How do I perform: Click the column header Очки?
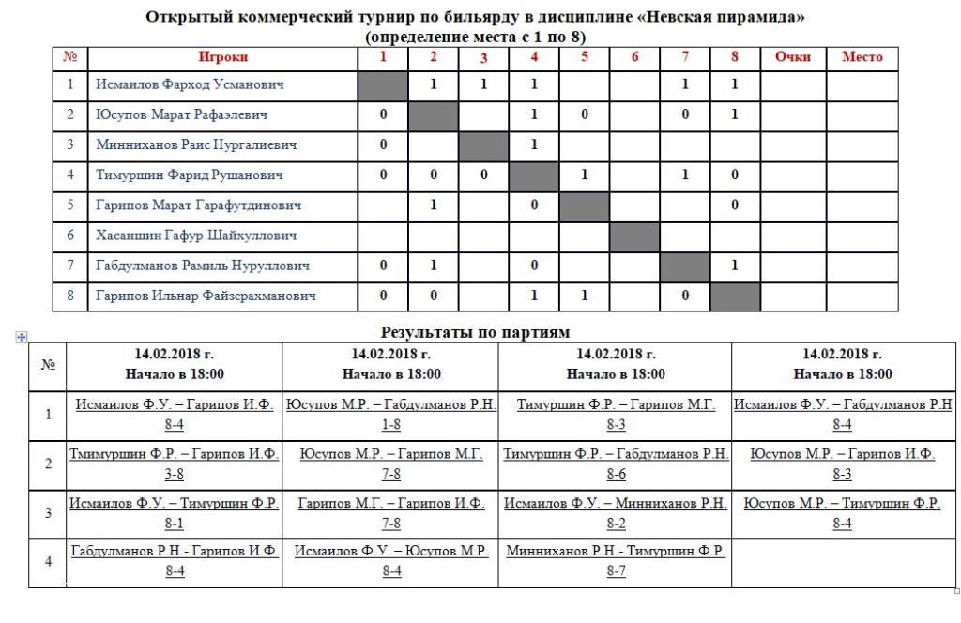[792, 57]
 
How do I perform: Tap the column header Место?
[862, 57]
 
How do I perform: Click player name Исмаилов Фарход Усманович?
[190, 84]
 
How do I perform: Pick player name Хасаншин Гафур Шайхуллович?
[196, 236]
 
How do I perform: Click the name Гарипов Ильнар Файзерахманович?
[206, 296]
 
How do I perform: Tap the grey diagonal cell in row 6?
[634, 236]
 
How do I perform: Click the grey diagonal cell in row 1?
[383, 84]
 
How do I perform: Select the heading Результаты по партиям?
[475, 331]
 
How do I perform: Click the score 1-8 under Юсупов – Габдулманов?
[391, 425]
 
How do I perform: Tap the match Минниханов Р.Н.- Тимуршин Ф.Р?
[616, 552]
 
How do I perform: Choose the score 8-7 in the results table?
[616, 571]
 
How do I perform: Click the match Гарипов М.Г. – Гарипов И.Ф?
[391, 504]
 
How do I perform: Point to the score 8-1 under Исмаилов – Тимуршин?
[175, 524]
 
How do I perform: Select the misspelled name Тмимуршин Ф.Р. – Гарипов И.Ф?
[175, 454]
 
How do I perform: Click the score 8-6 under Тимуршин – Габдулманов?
[616, 474]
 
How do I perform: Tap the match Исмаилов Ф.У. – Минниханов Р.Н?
[616, 504]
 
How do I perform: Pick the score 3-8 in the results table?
[175, 474]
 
